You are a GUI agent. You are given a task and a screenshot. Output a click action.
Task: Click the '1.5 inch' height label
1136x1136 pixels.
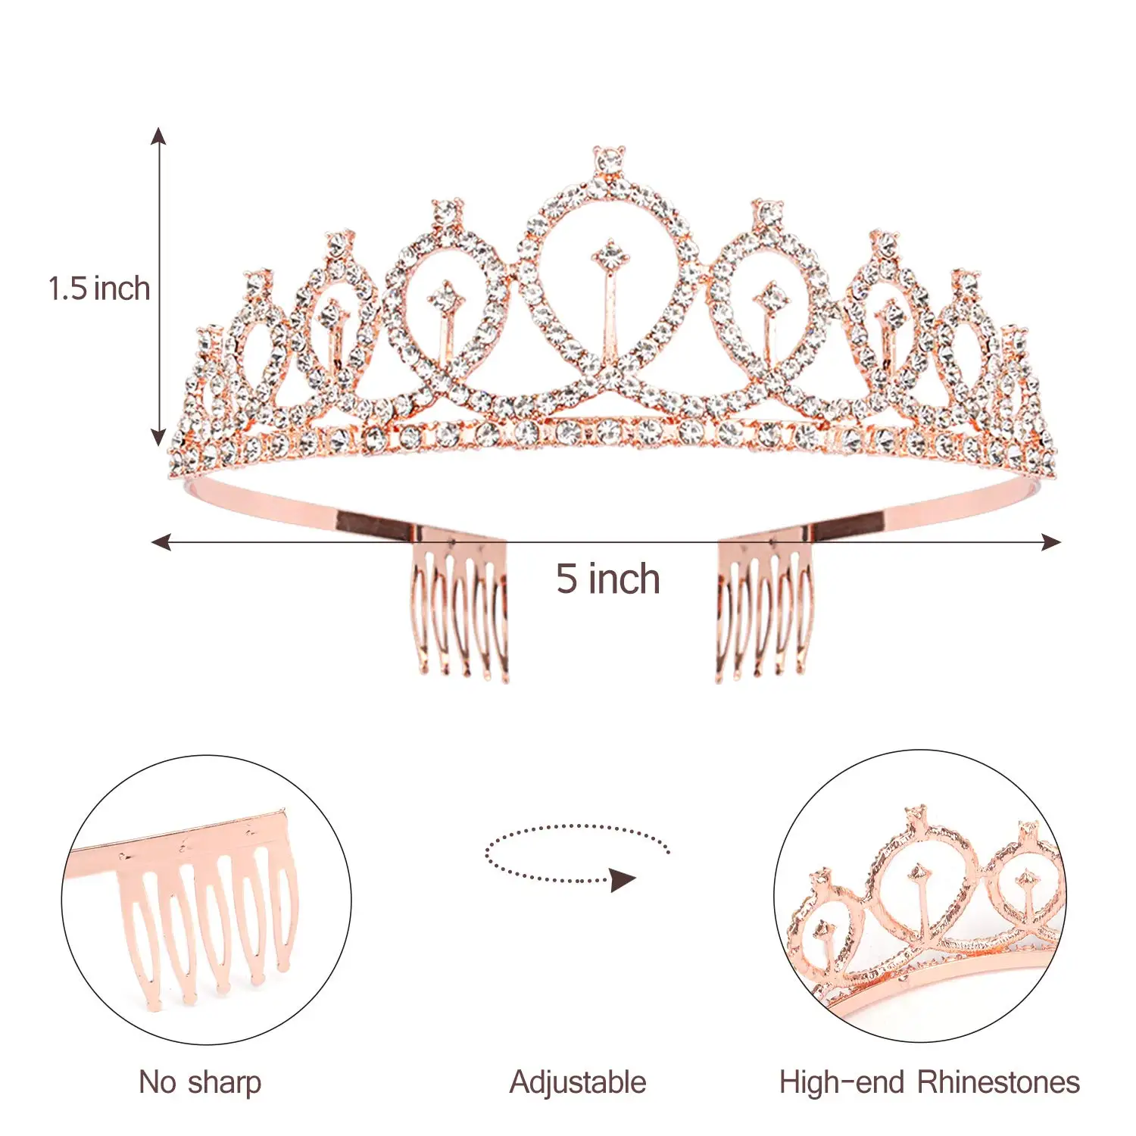point(98,289)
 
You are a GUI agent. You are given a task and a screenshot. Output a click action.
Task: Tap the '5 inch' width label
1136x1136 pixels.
point(607,579)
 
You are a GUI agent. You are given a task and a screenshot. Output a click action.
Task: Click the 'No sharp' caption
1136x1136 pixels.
point(200,1082)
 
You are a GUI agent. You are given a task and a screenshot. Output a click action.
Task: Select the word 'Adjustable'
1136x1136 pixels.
point(578,1082)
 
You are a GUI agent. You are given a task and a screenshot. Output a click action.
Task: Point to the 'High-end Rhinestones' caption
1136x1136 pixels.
point(929,1082)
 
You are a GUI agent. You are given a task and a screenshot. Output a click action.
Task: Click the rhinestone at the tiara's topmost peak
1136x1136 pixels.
point(608,159)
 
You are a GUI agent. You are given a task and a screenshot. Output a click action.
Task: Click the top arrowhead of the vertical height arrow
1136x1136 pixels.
point(158,136)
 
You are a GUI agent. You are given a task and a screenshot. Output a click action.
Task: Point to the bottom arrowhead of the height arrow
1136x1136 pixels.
point(158,437)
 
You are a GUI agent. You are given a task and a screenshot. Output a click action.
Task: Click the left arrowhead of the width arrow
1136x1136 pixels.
point(161,541)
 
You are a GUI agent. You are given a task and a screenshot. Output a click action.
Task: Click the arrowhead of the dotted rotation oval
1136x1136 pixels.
point(623,880)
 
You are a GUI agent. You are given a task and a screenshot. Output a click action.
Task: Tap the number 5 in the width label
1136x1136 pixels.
point(566,579)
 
